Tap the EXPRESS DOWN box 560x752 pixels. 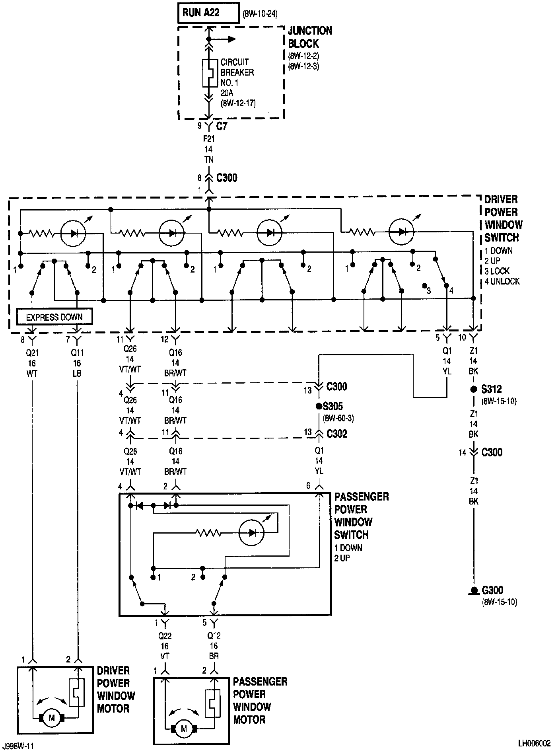coord(54,317)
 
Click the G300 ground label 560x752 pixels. coord(492,590)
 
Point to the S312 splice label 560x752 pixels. coord(492,389)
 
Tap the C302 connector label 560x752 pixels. coord(337,434)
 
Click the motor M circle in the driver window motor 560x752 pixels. coord(51,718)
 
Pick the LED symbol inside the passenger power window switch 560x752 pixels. coord(252,532)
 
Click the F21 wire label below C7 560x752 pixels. coord(209,139)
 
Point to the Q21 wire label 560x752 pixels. coord(32,353)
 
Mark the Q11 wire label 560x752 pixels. coord(77,353)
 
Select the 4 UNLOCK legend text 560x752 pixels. coord(502,281)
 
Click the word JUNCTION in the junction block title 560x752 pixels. coord(310,31)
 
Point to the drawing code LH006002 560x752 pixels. coord(534,743)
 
